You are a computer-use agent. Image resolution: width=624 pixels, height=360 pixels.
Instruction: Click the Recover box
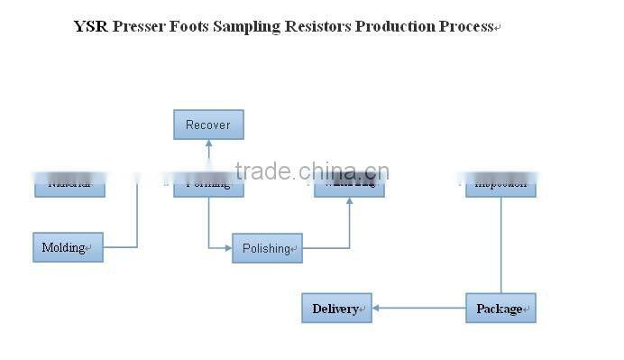(208, 125)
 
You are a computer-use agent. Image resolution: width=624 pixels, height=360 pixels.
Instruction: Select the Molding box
(68, 247)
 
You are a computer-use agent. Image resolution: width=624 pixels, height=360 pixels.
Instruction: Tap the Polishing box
(267, 248)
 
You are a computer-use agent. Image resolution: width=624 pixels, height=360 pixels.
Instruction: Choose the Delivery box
(336, 309)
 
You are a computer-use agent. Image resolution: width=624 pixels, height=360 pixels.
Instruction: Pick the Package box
(500, 309)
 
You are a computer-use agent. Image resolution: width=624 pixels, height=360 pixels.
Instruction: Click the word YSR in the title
(91, 26)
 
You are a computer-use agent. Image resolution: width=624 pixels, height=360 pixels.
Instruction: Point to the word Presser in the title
(140, 26)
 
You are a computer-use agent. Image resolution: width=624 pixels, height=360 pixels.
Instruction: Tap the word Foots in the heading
(193, 26)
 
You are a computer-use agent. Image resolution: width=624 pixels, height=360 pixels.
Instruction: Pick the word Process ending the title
(466, 26)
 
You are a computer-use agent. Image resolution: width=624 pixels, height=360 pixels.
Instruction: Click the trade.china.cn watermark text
(311, 171)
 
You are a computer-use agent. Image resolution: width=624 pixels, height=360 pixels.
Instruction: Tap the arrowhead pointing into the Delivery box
(376, 309)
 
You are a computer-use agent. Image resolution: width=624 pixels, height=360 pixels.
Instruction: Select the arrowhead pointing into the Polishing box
(228, 247)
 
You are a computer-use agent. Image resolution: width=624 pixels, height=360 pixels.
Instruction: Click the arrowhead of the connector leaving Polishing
(349, 201)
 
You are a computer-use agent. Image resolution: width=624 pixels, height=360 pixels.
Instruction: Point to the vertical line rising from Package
(501, 244)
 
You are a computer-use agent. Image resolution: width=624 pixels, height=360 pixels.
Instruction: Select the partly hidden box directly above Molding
(69, 184)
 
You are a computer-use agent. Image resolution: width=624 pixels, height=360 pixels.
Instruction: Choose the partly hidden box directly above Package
(500, 184)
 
